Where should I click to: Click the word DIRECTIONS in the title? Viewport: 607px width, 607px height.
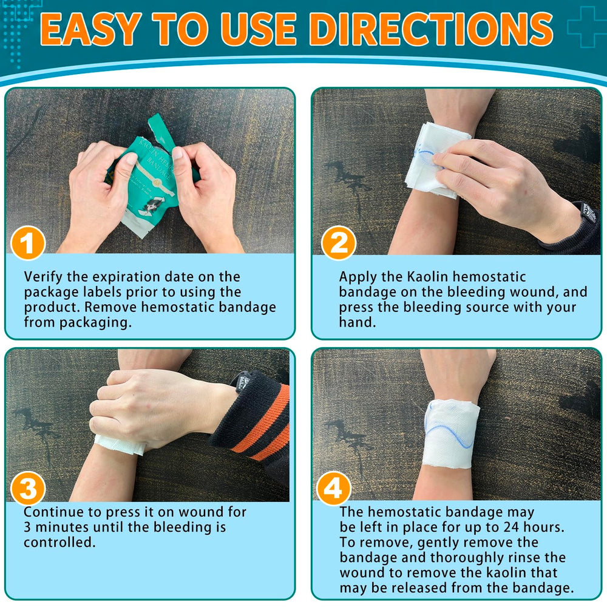tap(431, 29)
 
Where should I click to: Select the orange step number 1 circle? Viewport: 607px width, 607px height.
tap(29, 243)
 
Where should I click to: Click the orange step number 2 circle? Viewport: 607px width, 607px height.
tap(338, 243)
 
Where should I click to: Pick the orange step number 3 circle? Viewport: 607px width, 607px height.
tap(28, 489)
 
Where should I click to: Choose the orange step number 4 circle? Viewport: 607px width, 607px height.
tap(334, 489)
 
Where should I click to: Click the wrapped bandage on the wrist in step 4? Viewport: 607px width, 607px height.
tap(451, 433)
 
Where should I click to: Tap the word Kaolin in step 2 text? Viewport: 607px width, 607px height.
tap(427, 277)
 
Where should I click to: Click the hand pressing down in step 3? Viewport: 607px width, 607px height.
tap(151, 407)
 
